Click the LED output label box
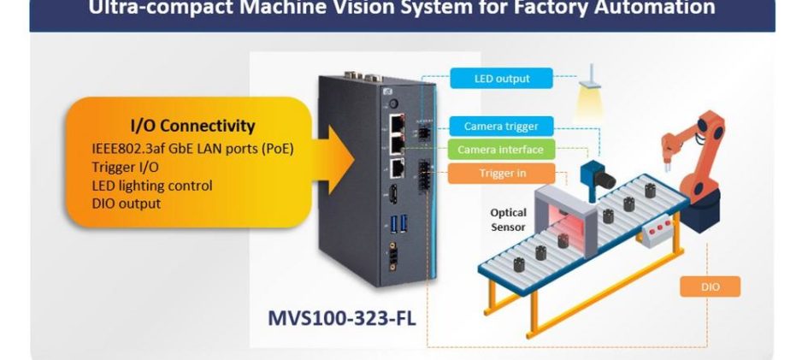click(502, 79)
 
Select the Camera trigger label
click(501, 127)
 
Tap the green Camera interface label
click(500, 150)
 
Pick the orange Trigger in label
click(501, 174)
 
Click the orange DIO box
click(710, 287)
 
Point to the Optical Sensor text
click(508, 220)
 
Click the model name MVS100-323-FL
click(342, 320)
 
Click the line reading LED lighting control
click(152, 186)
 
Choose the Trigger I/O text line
click(125, 167)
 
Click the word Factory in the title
click(582, 9)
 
